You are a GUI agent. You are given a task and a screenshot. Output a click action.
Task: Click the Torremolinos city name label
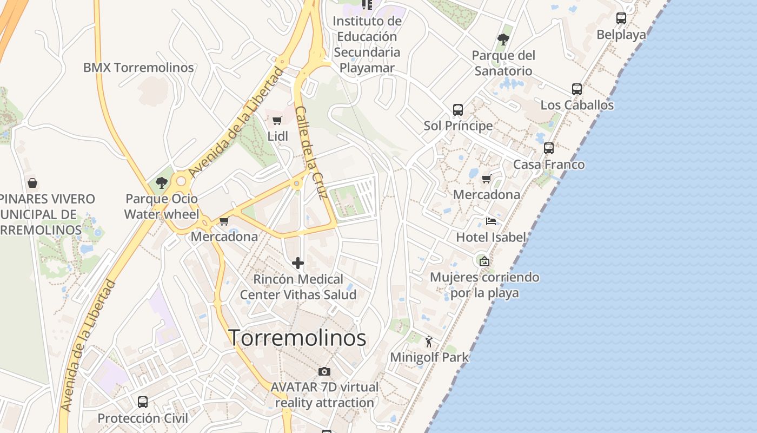pos(297,338)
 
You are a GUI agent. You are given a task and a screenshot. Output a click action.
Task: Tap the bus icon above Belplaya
pos(621,18)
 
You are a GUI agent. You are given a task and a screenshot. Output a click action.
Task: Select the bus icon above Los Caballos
pos(577,89)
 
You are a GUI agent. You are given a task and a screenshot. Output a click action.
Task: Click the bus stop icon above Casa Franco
pos(549,148)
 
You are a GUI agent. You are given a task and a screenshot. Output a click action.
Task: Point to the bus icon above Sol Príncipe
pos(458,110)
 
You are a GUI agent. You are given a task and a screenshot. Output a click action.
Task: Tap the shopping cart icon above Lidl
pos(277,120)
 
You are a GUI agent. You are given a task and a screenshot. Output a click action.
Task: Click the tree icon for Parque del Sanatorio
pos(503,40)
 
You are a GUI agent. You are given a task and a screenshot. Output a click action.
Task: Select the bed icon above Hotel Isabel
pos(491,221)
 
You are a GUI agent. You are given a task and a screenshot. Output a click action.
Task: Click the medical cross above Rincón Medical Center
pos(298,264)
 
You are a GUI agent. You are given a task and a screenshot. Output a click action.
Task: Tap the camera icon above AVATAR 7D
pos(324,371)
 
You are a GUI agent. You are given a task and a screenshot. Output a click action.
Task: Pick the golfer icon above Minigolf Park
pos(429,342)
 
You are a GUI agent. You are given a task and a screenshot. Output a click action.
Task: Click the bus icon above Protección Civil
pos(143,402)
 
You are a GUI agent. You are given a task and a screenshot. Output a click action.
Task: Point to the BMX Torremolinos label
pos(138,68)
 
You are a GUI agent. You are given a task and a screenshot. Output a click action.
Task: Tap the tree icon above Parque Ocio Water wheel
pos(161,183)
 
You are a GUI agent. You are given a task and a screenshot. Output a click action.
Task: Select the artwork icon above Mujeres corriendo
pos(484,261)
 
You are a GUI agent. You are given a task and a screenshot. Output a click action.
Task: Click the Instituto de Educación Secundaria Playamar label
pos(367,44)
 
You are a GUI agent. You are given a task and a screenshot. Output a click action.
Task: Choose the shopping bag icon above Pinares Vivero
pos(32,183)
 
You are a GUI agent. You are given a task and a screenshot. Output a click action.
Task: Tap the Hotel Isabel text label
pos(491,237)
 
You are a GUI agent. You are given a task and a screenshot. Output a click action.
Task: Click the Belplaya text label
pos(621,35)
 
